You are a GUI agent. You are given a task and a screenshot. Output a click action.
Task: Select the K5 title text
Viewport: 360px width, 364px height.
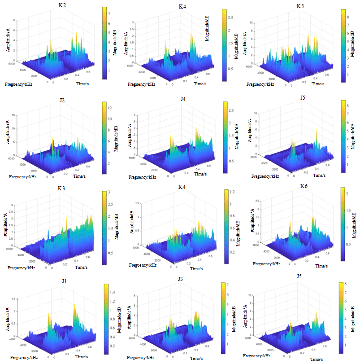click(x=301, y=6)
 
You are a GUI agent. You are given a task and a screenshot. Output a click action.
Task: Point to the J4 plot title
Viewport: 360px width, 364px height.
click(x=183, y=99)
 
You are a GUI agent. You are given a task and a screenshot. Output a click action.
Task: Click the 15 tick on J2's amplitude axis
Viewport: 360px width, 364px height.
click(x=14, y=115)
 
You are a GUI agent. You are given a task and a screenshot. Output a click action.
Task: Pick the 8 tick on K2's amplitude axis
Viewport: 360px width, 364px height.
click(x=14, y=20)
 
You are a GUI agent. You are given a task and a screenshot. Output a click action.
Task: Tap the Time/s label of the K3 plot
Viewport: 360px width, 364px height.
click(x=81, y=268)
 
